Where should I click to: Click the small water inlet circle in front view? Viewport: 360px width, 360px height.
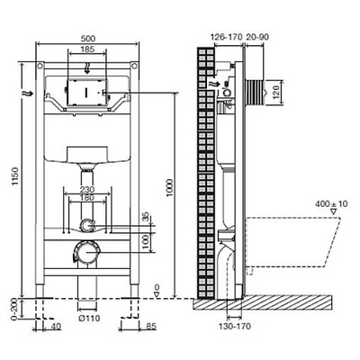click(87, 225)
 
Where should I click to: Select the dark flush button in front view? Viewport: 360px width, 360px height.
click(86, 92)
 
